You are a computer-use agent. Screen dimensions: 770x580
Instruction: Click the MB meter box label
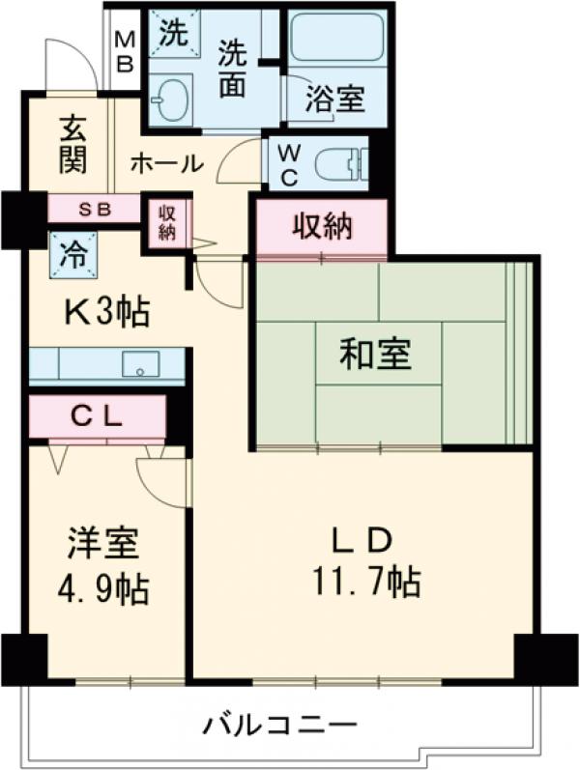(x=126, y=53)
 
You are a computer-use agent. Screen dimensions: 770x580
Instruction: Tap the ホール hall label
(x=165, y=163)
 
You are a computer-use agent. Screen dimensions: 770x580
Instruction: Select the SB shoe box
(x=95, y=209)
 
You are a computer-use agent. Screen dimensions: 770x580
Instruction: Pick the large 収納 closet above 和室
(x=323, y=228)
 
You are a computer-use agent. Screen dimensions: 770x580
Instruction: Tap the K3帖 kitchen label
(x=105, y=311)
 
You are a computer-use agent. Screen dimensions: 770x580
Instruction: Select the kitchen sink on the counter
(x=141, y=364)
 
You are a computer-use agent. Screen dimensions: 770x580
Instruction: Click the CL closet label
(x=97, y=416)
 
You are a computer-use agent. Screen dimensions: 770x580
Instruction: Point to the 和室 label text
(x=375, y=355)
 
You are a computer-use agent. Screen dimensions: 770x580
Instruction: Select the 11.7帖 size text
(x=364, y=582)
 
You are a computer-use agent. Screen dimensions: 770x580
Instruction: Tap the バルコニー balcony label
(x=280, y=724)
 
